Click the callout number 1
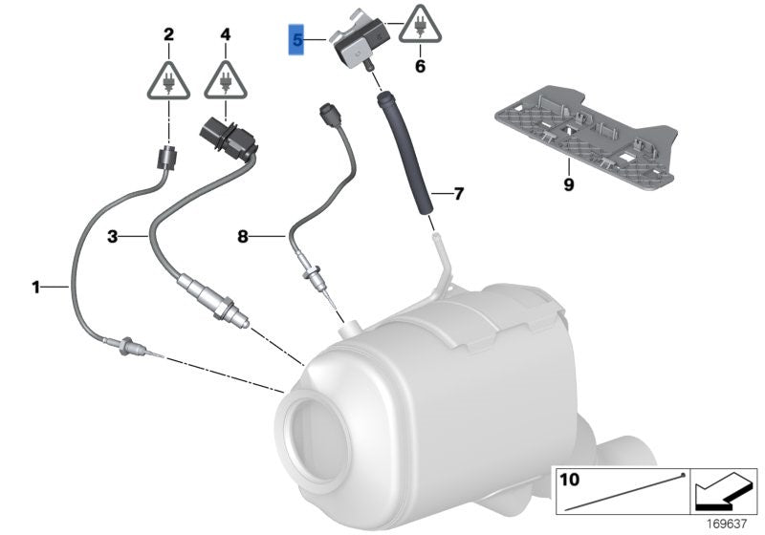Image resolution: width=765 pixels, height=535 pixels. (x=35, y=286)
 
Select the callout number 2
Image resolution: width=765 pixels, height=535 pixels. (x=168, y=35)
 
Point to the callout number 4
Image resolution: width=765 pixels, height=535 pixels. (x=226, y=35)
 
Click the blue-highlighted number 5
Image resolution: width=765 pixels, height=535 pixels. (x=297, y=41)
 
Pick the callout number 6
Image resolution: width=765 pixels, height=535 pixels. (x=418, y=67)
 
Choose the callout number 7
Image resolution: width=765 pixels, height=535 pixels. (x=458, y=194)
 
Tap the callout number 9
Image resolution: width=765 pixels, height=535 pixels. (x=568, y=184)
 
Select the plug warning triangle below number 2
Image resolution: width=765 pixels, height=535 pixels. (x=168, y=80)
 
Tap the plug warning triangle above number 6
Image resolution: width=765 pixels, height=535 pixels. (x=418, y=26)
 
